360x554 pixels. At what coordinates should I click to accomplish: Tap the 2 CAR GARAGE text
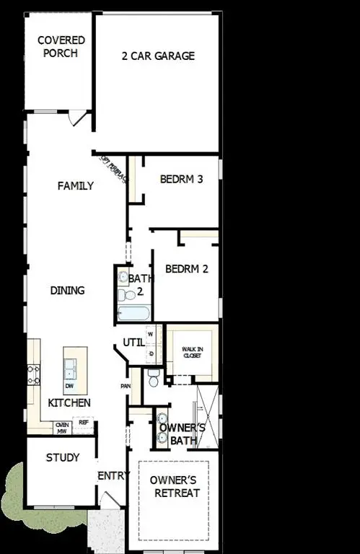click(x=158, y=56)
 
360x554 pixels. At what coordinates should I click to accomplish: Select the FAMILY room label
click(x=76, y=185)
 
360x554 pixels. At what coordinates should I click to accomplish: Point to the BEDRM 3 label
click(x=181, y=179)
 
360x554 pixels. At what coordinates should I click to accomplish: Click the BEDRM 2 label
click(x=186, y=269)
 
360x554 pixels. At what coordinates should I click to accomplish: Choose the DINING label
click(x=68, y=291)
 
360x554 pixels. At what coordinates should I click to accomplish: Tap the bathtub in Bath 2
click(x=133, y=313)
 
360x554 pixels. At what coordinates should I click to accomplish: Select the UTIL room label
click(x=133, y=342)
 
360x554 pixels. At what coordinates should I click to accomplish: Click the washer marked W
click(x=151, y=335)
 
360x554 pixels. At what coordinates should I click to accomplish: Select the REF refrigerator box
click(x=83, y=423)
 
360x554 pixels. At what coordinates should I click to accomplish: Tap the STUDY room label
click(x=63, y=457)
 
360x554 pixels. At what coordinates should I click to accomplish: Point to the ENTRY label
click(x=113, y=475)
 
